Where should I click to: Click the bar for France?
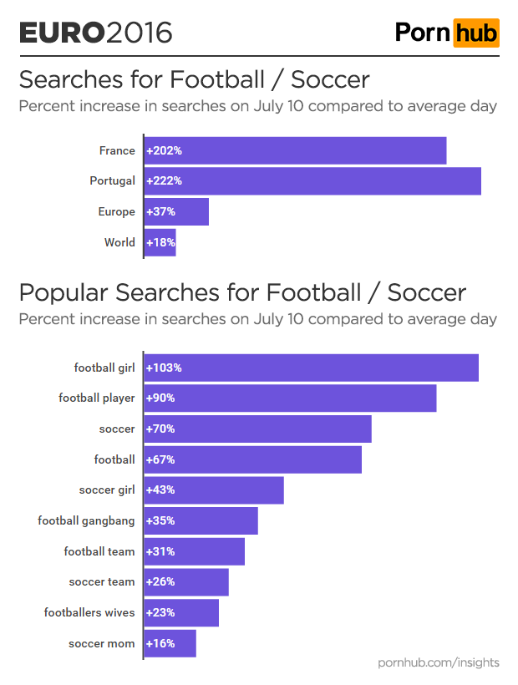(x=296, y=151)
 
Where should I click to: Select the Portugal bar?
(x=312, y=181)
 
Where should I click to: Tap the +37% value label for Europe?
(x=160, y=212)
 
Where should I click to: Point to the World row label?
(x=119, y=243)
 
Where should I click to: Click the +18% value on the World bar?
(x=160, y=243)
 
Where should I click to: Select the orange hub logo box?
(x=476, y=33)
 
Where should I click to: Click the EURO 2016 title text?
(x=95, y=33)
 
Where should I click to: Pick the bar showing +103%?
(x=312, y=368)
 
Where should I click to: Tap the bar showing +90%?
(x=291, y=398)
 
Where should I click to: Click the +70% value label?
(x=160, y=429)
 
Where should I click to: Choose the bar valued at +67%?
(x=253, y=459)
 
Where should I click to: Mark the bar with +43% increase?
(x=214, y=490)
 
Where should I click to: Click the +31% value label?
(x=160, y=551)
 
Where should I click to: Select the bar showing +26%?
(x=186, y=582)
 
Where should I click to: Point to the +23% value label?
(x=160, y=613)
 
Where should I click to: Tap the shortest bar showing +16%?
(x=170, y=644)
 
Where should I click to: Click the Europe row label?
(x=116, y=212)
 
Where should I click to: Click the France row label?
(x=116, y=151)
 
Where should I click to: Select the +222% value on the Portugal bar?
(x=164, y=181)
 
